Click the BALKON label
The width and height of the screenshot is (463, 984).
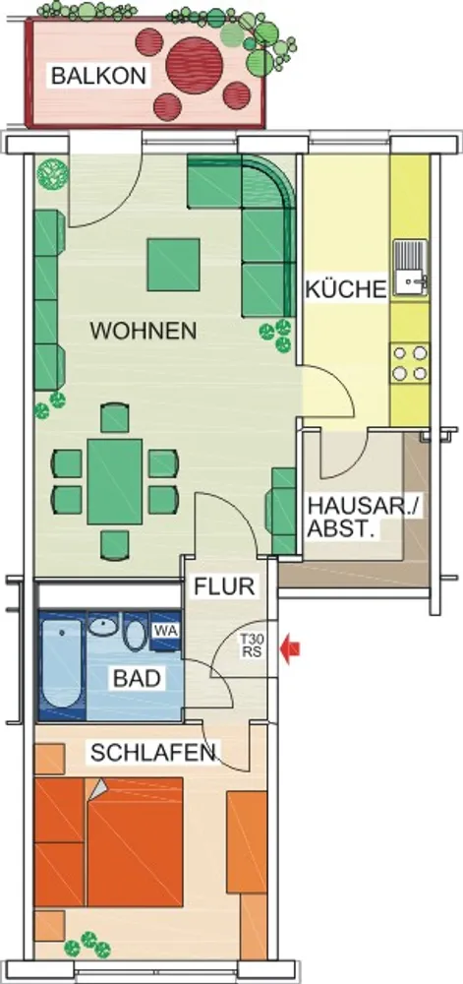point(98,76)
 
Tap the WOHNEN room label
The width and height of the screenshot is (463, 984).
point(144,331)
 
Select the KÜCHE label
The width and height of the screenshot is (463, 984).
point(346,290)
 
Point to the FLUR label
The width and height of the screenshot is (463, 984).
point(224,586)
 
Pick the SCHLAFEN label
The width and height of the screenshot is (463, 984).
point(154,753)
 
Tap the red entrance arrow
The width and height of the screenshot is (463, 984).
point(290,649)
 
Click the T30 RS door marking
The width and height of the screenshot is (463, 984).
point(253,646)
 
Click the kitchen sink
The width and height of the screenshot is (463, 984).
point(410,268)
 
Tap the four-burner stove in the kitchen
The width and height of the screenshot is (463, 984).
point(410,363)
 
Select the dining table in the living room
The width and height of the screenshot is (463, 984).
point(115,481)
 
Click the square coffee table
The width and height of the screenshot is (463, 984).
point(174,265)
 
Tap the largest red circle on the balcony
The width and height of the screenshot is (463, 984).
point(195,66)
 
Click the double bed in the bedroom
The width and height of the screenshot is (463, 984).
point(108,841)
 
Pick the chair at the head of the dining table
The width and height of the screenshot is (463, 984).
point(115,417)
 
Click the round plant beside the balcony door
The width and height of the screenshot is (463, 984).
point(52,173)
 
